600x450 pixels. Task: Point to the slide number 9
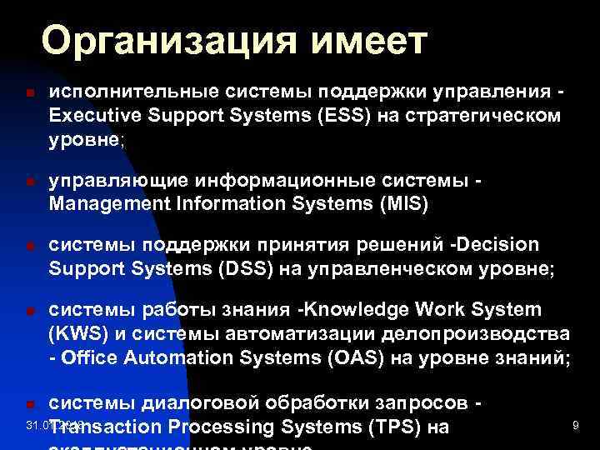pyautogui.click(x=575, y=426)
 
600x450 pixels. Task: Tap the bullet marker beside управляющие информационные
pyautogui.click(x=28, y=181)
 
